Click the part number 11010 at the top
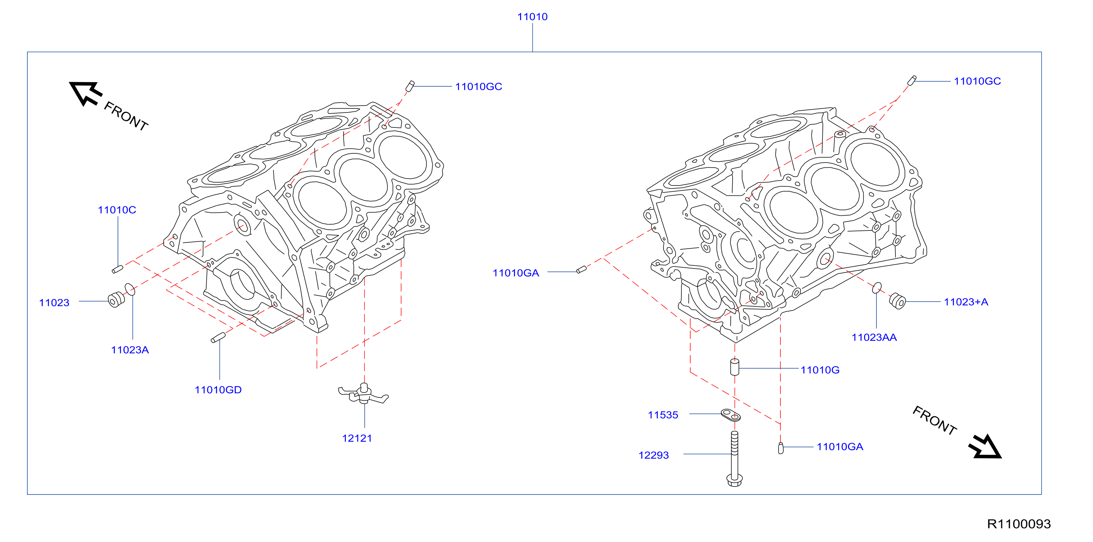pyautogui.click(x=532, y=16)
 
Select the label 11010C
pyautogui.click(x=117, y=210)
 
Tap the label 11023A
pyautogui.click(x=130, y=350)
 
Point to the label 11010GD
pyautogui.click(x=218, y=390)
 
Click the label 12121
pyautogui.click(x=357, y=438)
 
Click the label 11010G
pyautogui.click(x=820, y=370)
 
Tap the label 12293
pyautogui.click(x=653, y=455)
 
